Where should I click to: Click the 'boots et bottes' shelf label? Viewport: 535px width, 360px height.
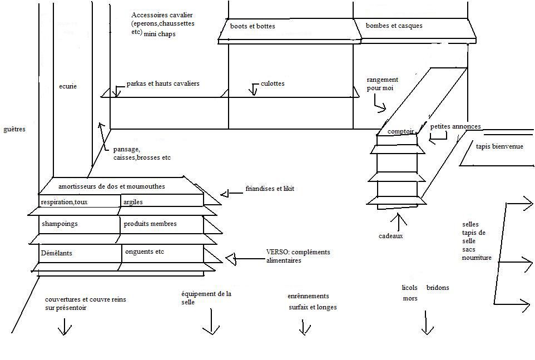[x=252, y=26]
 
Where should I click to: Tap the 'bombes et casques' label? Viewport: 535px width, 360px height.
[x=394, y=26]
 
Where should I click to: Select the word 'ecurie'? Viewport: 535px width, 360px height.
[x=67, y=86]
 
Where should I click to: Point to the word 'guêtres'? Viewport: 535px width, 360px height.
[x=14, y=129]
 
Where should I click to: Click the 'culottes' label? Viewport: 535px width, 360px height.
[x=273, y=83]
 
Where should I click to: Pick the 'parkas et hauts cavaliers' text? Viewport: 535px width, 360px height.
[x=163, y=83]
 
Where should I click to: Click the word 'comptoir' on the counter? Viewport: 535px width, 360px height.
[x=401, y=131]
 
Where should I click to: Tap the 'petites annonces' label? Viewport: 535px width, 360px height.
[x=455, y=126]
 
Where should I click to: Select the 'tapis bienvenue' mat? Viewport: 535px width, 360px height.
[x=499, y=146]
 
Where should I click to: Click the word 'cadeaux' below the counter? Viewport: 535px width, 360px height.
[x=390, y=236]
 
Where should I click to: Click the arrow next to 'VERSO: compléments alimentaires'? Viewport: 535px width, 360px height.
[x=232, y=259]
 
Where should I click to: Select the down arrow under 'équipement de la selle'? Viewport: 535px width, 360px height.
[x=211, y=323]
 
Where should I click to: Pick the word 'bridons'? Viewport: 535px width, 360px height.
[x=438, y=288]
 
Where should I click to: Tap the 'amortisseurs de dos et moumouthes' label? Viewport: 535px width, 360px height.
[x=111, y=186]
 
